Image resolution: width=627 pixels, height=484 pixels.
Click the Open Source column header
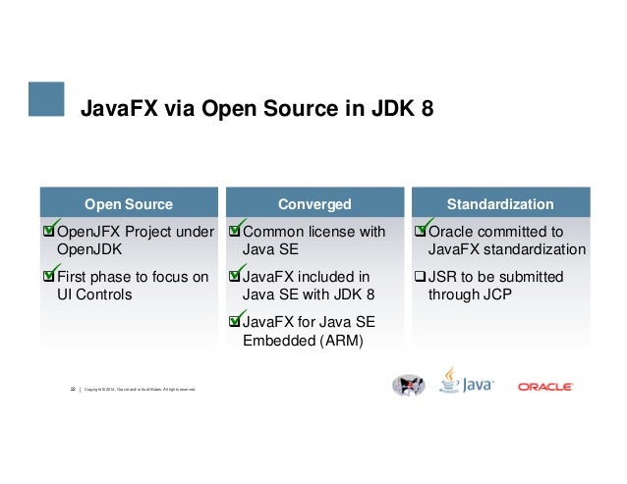point(128,204)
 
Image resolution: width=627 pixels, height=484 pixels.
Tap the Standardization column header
point(499,204)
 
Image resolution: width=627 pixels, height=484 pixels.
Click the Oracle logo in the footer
point(545,386)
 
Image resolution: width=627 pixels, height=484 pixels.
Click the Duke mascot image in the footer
point(408,386)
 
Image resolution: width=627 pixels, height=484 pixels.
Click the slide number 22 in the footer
point(72,390)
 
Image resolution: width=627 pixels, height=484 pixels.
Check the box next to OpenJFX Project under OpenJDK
point(49,233)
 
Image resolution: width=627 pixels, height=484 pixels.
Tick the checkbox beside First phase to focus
point(49,277)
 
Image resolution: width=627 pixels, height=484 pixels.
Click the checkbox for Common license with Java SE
point(234,233)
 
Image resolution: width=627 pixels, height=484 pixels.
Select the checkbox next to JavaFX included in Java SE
point(234,277)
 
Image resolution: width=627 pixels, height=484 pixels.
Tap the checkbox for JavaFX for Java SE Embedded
point(234,322)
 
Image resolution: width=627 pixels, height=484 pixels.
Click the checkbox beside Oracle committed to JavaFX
point(421,233)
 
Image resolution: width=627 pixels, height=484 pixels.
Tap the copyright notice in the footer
point(142,390)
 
